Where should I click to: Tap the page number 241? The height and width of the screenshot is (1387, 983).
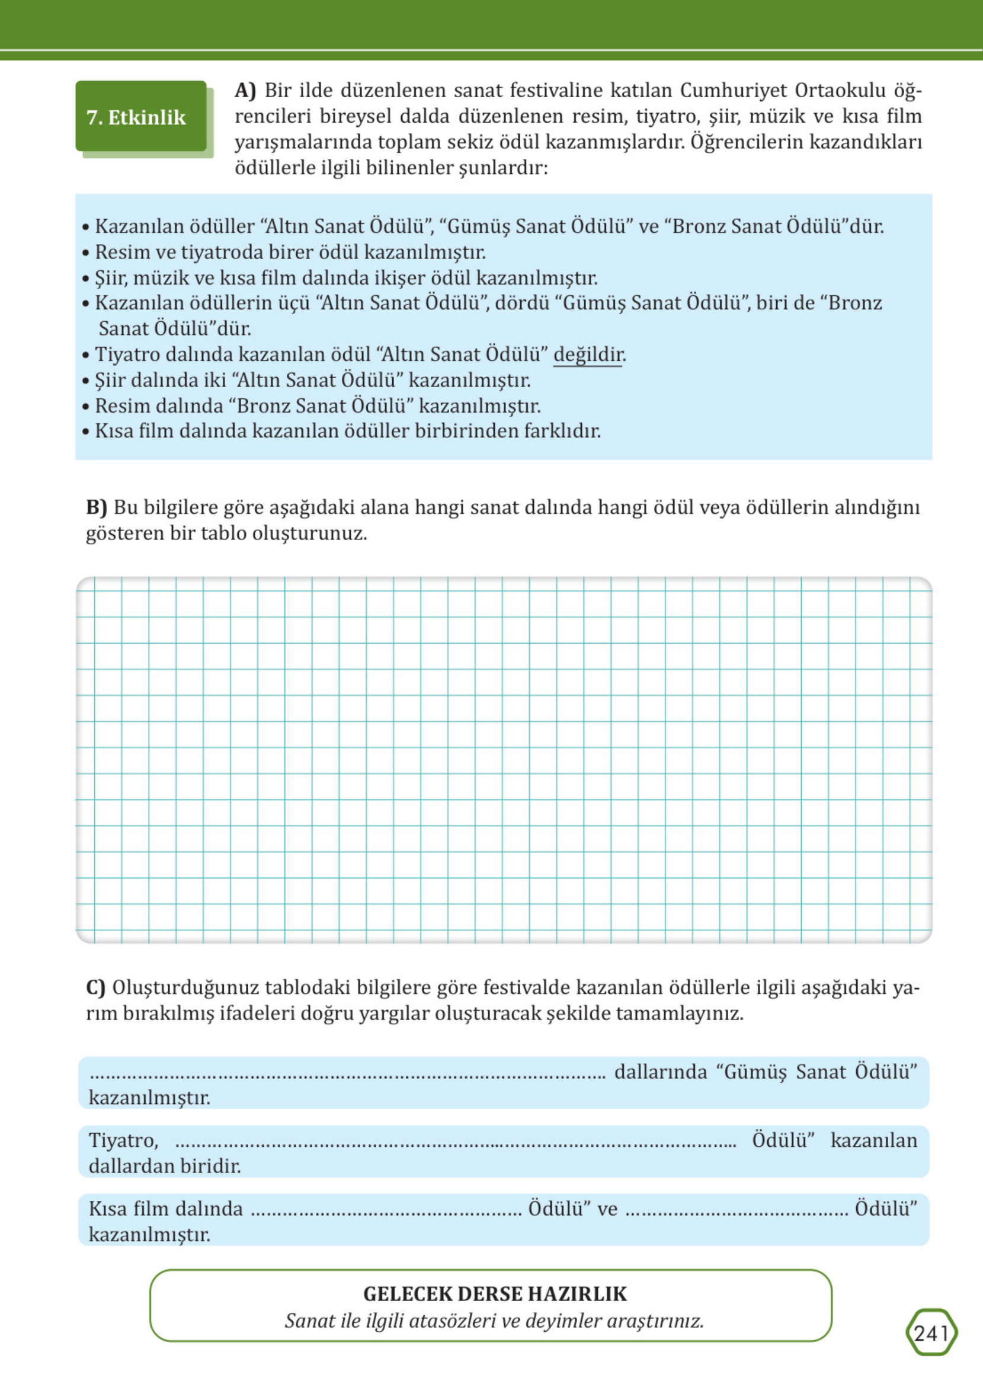point(931,1333)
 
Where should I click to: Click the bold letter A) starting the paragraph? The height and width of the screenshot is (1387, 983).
point(245,90)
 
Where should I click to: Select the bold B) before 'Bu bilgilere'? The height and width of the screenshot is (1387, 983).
point(96,507)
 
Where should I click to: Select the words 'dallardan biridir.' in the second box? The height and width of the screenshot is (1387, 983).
point(165,1166)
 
